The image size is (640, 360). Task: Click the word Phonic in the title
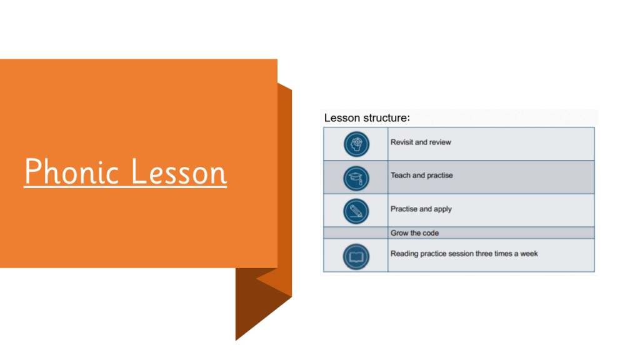pos(71,171)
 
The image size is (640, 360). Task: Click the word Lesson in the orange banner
pos(179,171)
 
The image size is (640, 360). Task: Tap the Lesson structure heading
pos(367,118)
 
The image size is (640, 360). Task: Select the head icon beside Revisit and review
pos(356,144)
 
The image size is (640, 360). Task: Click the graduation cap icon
pos(356,178)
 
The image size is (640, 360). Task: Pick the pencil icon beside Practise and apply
pos(356,211)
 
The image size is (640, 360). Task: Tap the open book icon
pos(356,257)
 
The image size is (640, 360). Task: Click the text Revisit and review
pos(421,142)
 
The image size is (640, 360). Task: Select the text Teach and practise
pos(422,175)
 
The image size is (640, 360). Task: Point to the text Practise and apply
pos(421,209)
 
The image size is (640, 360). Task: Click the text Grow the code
pos(415,233)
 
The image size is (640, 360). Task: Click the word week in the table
pos(529,254)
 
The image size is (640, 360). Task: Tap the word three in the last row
pos(484,254)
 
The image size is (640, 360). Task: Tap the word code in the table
pos(430,233)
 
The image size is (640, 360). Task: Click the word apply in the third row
pos(443,209)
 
